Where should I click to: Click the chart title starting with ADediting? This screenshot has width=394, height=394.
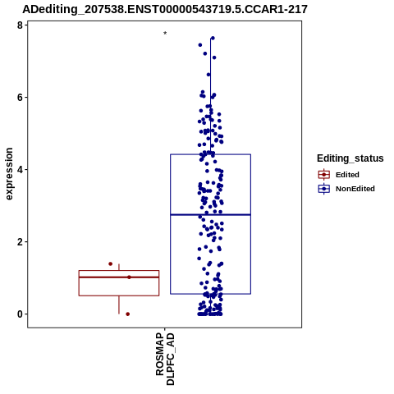(x=165, y=10)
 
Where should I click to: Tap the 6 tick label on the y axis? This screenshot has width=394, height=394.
(x=20, y=98)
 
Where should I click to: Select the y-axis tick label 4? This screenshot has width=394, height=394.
(x=20, y=170)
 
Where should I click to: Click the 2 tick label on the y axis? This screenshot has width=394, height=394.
(x=20, y=242)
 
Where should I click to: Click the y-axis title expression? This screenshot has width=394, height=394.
(x=9, y=174)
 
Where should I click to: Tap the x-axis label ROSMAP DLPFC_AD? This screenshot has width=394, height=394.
(x=165, y=359)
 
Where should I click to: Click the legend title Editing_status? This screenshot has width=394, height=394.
(x=350, y=158)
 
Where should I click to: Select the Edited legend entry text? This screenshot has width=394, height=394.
(x=347, y=175)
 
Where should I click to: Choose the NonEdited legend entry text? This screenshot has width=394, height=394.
(x=355, y=189)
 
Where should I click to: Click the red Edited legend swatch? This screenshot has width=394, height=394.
(x=324, y=175)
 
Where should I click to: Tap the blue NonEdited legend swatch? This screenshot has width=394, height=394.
(x=324, y=189)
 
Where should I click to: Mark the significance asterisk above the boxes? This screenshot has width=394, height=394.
(x=165, y=34)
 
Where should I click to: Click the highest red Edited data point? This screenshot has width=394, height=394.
(x=111, y=263)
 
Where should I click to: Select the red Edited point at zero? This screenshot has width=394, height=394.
(x=128, y=314)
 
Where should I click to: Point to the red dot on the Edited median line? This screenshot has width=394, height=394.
(x=129, y=277)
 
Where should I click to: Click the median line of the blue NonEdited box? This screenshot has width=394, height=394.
(x=210, y=215)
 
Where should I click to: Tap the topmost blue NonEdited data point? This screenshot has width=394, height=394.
(x=213, y=38)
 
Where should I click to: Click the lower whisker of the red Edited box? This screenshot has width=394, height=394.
(x=119, y=305)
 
